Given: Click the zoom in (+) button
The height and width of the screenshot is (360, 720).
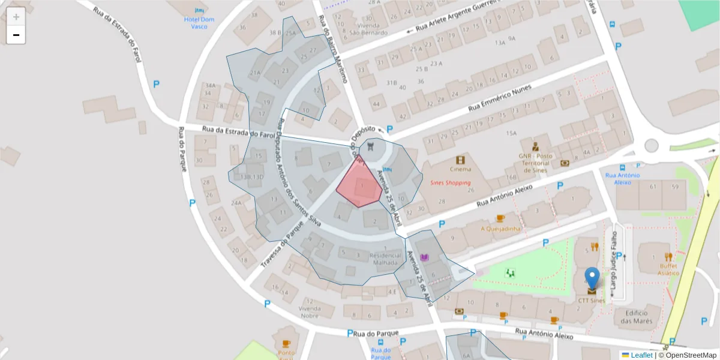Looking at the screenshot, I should (x=16, y=17).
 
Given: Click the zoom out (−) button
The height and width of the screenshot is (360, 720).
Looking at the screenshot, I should (x=16, y=35).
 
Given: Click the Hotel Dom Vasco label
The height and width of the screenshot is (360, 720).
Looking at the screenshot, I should (x=199, y=23).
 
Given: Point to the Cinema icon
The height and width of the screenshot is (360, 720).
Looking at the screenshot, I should (x=460, y=160).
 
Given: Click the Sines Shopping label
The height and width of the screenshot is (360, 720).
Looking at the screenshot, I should (x=450, y=182).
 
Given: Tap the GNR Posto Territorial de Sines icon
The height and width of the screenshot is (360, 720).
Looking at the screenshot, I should (x=535, y=146).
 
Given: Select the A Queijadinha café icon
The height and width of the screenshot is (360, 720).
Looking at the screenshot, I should (x=500, y=218).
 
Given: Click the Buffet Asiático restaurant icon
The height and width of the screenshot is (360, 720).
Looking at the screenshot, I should (x=668, y=256).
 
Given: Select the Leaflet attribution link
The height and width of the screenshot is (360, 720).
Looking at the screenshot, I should (x=641, y=355).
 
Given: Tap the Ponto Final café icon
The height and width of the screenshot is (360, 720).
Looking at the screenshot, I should (x=286, y=344).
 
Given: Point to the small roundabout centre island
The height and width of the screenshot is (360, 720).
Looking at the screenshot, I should (x=651, y=145).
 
